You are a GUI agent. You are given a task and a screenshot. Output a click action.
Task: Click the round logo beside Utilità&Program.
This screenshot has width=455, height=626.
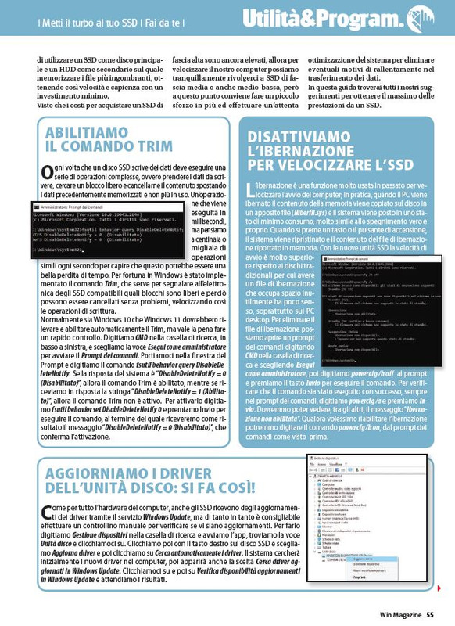click(x=421, y=18)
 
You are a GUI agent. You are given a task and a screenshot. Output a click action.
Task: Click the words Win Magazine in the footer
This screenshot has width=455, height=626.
click(x=402, y=616)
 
